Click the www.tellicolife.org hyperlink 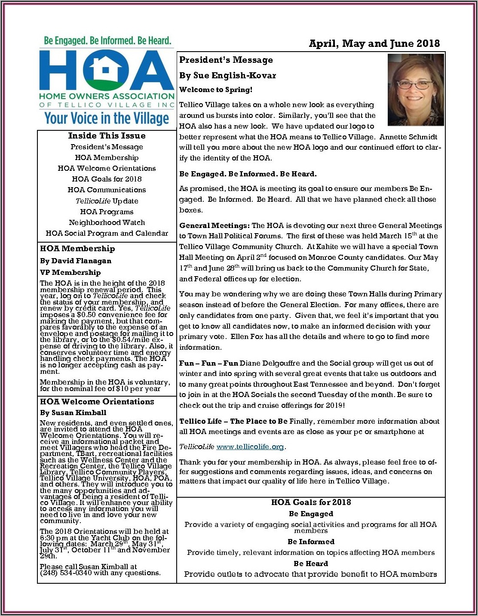250,447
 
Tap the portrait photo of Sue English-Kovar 416,89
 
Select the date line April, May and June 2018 374,43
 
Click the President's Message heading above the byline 226,60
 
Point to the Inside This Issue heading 107,136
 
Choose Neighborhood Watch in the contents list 107,222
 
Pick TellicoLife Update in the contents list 107,201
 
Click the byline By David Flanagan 76,261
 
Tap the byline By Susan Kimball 73,413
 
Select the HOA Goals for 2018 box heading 311,502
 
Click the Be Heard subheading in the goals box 311,564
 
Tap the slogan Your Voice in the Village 107,118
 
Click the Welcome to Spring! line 216,90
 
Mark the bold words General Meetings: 214,225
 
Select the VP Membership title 70,272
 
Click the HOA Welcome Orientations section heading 97,402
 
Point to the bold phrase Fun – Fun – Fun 208,363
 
